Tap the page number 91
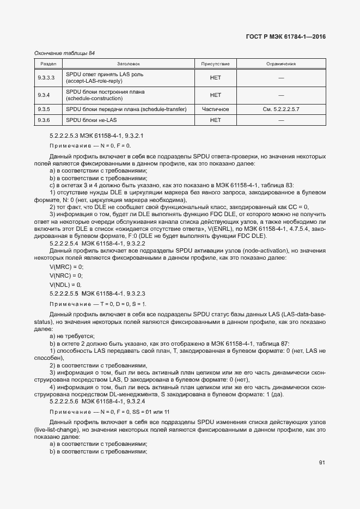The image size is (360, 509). (x=322, y=463)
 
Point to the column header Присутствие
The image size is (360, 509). (x=215, y=64)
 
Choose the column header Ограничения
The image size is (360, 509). (x=280, y=64)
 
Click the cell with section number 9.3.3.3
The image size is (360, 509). (x=46, y=78)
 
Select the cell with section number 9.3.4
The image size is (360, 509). (x=44, y=95)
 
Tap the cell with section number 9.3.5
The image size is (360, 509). (x=44, y=109)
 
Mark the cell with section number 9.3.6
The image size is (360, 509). (x=44, y=120)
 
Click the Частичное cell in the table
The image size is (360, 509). (x=215, y=109)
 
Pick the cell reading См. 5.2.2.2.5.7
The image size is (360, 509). (x=280, y=109)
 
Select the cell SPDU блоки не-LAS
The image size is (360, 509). (x=91, y=120)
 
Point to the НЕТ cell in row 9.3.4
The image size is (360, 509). (x=215, y=95)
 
